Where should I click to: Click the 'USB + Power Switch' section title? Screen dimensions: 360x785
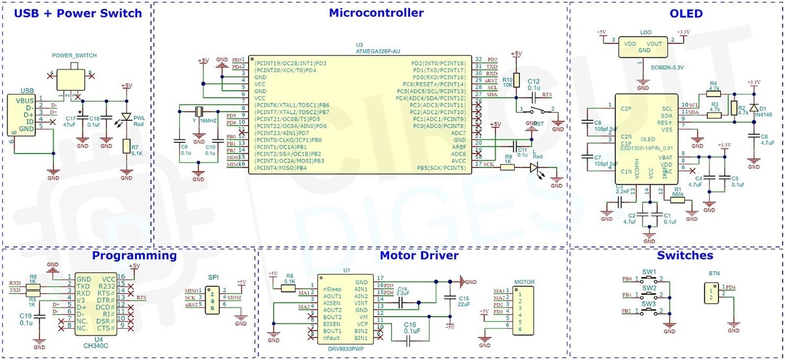77,14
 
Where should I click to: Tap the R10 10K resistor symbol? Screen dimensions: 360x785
517,80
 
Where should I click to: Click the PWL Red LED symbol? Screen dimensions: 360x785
126,118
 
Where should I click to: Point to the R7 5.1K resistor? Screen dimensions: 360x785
126,147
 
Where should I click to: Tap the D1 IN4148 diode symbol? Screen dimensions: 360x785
754,108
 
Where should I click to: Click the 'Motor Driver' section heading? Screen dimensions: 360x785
419,256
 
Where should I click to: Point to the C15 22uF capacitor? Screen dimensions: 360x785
449,298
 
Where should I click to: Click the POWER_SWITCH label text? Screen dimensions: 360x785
74,55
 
